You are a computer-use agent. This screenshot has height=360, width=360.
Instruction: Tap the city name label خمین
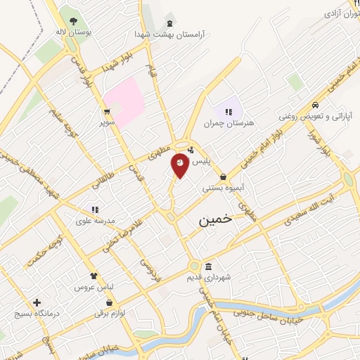tap(214, 219)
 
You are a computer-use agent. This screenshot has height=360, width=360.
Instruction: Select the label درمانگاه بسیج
tap(36, 314)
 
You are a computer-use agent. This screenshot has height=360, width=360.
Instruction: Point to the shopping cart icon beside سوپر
tap(106, 112)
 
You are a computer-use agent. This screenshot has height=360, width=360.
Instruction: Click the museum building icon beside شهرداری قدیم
tap(208, 267)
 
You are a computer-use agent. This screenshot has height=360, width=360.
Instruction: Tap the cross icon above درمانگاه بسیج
tap(36, 302)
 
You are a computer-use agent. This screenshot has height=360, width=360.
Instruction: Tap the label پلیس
tap(202, 161)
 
